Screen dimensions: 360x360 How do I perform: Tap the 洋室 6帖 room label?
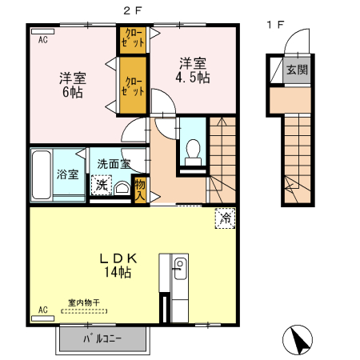click(73, 85)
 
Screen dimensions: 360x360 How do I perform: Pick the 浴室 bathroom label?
click(66, 174)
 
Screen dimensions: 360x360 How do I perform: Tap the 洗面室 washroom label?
click(113, 164)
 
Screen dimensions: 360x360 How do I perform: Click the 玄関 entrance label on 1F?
click(297, 70)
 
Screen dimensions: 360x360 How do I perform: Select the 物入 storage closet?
click(140, 189)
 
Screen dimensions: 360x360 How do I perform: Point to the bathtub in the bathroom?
click(40, 174)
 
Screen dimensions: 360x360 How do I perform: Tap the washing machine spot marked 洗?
click(101, 185)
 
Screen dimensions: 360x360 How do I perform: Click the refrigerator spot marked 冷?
click(225, 216)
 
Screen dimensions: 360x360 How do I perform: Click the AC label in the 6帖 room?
click(42, 38)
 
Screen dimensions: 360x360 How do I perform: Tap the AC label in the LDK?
click(42, 310)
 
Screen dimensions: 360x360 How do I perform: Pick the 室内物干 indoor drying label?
click(83, 303)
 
